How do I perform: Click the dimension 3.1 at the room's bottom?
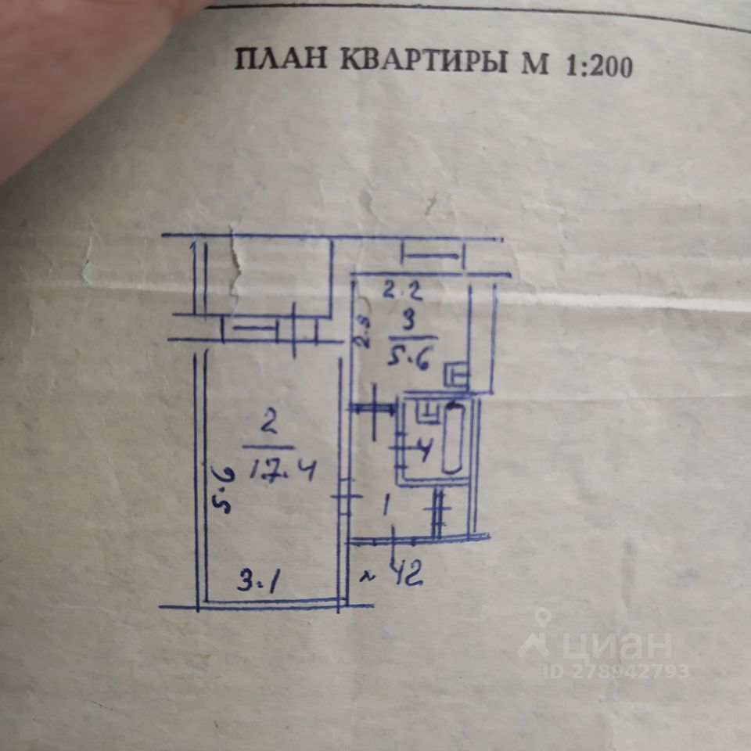(260, 582)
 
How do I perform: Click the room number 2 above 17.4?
(269, 426)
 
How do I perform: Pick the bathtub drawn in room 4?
(453, 438)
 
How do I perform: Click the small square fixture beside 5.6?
(455, 375)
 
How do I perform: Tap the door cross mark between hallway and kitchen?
(374, 409)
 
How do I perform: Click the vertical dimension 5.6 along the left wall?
(220, 490)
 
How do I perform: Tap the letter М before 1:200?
(535, 65)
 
